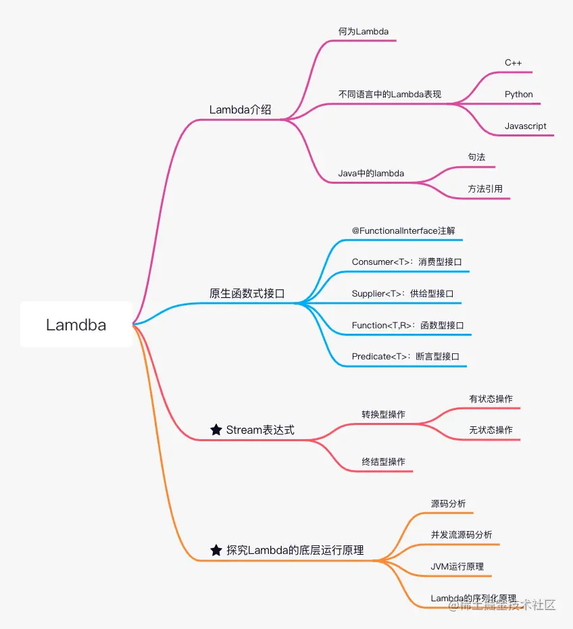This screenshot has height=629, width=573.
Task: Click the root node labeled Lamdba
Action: (x=76, y=325)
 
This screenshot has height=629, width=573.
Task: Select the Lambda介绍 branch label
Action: (x=240, y=109)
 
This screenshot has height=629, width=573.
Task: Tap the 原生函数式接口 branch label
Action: (x=247, y=293)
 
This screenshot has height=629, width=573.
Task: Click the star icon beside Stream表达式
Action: (x=216, y=430)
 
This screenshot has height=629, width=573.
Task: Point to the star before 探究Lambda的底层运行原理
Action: (x=216, y=550)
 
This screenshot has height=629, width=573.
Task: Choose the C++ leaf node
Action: (x=514, y=63)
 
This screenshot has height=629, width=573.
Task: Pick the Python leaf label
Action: (x=518, y=95)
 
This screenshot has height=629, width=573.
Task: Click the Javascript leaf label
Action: (x=525, y=126)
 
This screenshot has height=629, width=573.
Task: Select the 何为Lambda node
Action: (x=364, y=31)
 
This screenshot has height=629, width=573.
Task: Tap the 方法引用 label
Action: (x=485, y=189)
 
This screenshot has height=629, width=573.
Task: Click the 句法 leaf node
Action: (x=476, y=157)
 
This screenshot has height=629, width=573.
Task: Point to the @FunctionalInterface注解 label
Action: (x=403, y=230)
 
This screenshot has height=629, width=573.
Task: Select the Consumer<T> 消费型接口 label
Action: (x=407, y=261)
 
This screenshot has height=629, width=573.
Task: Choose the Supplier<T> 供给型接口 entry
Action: (x=403, y=293)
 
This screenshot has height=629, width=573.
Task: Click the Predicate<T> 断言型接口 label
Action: (x=405, y=356)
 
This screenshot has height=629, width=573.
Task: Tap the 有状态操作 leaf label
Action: (x=491, y=399)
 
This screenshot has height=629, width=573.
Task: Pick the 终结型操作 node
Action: (x=383, y=461)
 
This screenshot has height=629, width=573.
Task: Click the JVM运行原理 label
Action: (x=457, y=566)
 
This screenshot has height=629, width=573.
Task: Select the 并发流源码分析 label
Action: (x=462, y=534)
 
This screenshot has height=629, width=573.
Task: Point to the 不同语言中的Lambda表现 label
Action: (x=390, y=95)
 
